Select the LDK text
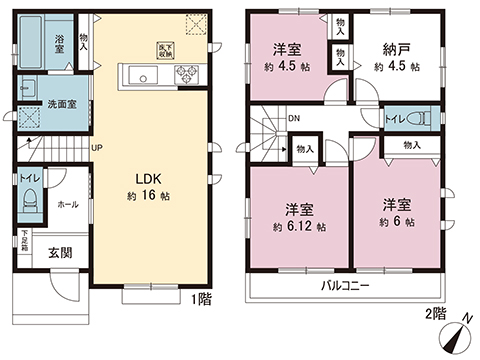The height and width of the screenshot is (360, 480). (149, 179)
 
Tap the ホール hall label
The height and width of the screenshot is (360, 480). (66, 203)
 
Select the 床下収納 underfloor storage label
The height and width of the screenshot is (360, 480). (163, 47)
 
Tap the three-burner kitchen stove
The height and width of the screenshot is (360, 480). (187, 74)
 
